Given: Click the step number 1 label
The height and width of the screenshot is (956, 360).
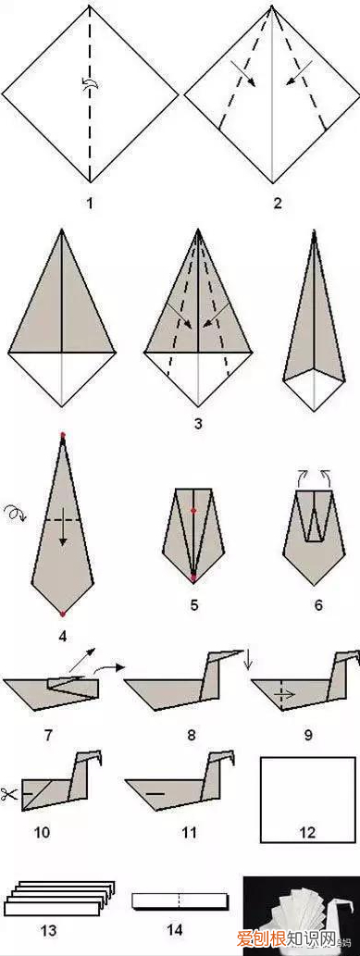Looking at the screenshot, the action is coord(90,203).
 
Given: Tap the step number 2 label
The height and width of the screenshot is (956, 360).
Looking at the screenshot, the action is coord(278,203).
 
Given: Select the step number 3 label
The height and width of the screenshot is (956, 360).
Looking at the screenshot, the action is coord(198,423).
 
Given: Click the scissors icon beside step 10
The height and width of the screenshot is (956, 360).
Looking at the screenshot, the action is coord(9,794).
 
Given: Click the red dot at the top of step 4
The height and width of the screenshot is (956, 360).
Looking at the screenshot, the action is coord(62,435).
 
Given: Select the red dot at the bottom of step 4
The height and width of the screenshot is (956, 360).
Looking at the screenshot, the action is coord(62,613).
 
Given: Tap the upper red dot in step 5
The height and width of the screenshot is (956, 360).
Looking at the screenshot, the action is coord(193,510).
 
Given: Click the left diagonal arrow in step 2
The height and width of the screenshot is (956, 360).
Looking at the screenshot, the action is coord(244,73).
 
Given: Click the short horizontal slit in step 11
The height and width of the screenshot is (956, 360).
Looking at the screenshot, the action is coord(155,794).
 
